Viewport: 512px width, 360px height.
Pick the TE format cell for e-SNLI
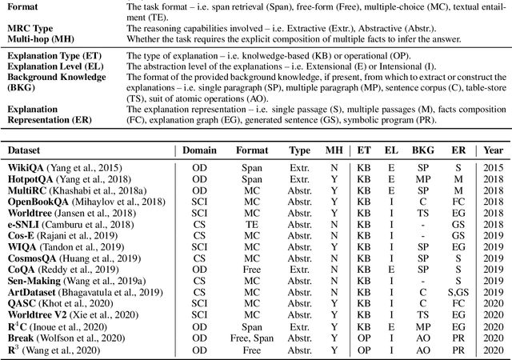click(251, 226)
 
